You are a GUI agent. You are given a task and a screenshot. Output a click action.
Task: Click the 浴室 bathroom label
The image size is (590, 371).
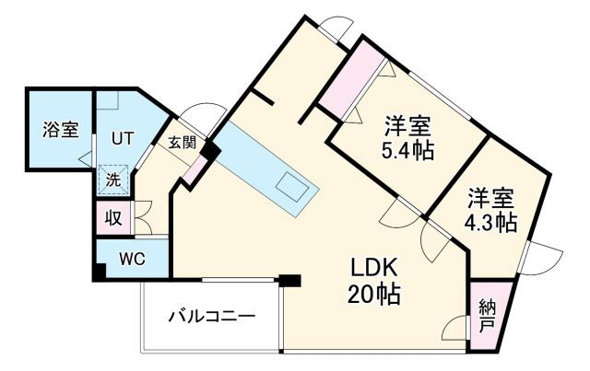coord(60,130)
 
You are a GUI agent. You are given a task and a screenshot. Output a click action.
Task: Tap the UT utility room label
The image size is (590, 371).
coord(123,139)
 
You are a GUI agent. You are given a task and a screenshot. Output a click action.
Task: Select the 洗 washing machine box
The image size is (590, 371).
coord(112,180)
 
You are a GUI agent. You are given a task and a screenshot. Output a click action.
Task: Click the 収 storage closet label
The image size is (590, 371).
coord(112,218)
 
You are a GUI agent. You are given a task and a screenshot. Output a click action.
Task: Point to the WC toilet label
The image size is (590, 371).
coord(132,258)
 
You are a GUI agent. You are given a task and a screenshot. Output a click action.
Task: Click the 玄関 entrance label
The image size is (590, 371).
coord(182,143)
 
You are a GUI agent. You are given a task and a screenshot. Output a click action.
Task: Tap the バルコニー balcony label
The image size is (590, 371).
coord(211,317)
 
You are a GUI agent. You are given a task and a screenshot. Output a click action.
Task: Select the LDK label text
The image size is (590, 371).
coord(372,268)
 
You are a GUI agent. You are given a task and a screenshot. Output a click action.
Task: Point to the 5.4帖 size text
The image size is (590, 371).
coord(407,151)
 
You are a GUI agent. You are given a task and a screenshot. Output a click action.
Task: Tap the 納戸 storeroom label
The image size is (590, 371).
coord(487,315)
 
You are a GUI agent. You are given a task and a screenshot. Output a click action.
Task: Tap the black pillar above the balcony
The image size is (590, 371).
coord(290,280)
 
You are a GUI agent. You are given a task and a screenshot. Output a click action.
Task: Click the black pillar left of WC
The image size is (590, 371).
coord(98,272)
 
